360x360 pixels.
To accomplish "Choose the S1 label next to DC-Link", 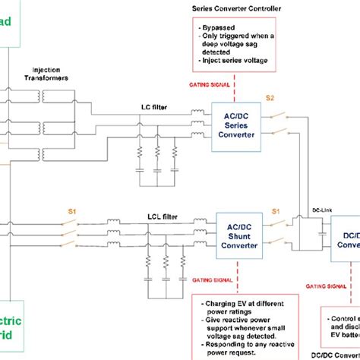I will (x=276, y=210).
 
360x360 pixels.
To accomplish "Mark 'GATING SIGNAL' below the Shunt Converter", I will (x=217, y=279).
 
